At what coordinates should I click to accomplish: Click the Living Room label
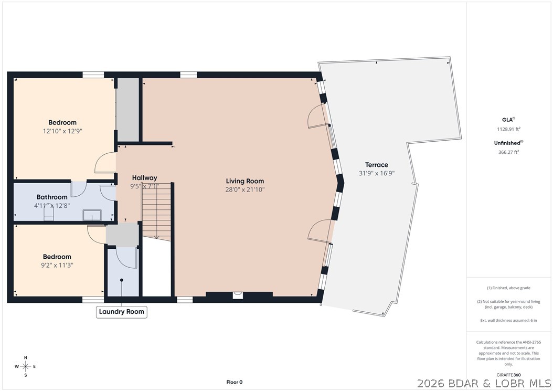click(244, 181)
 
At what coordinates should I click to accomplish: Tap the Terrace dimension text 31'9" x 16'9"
click(373, 173)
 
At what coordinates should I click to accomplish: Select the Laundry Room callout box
click(122, 312)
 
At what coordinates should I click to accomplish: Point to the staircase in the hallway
click(157, 210)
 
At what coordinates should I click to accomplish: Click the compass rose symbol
click(25, 366)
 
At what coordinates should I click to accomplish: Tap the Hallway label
click(144, 177)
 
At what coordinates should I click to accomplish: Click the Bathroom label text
click(51, 197)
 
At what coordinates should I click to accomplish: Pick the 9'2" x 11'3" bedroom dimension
click(57, 265)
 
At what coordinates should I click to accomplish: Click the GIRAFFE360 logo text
click(509, 375)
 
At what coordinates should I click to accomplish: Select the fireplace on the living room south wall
click(238, 295)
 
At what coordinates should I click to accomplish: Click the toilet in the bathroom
click(49, 215)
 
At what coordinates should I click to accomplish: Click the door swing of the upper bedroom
click(105, 163)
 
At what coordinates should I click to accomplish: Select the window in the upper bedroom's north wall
click(93, 75)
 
